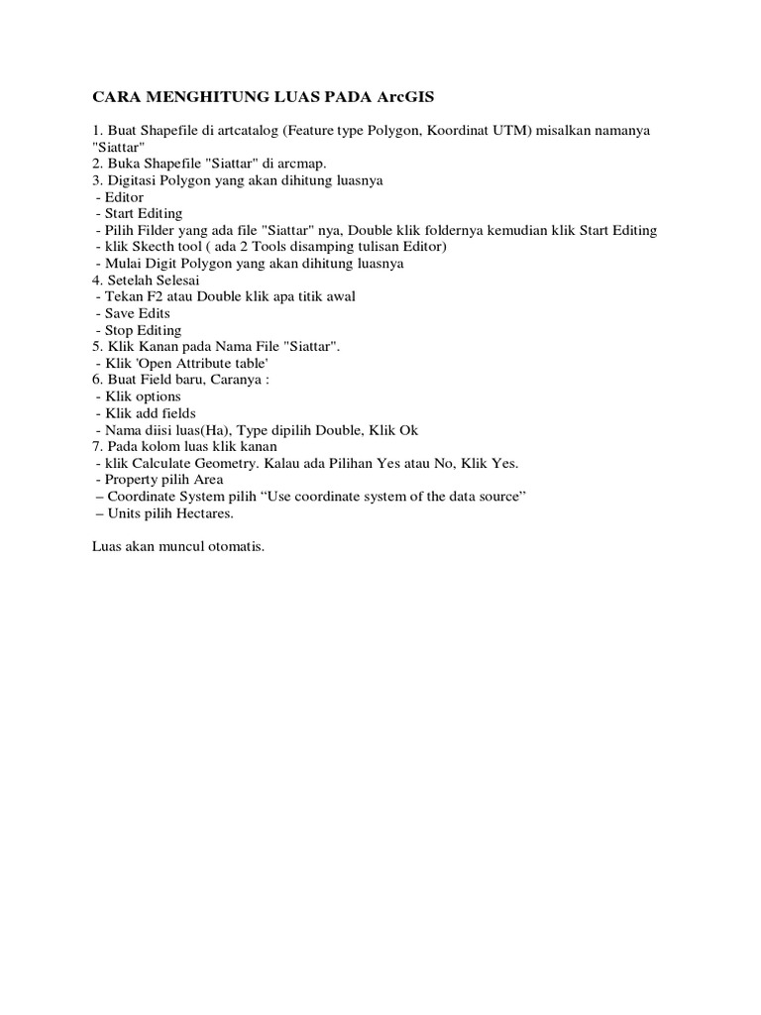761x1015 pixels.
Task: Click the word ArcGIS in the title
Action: coord(405,97)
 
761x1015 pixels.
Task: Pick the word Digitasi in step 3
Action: coord(133,180)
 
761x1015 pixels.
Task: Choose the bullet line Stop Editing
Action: coord(138,330)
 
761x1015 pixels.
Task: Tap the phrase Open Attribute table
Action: coord(203,363)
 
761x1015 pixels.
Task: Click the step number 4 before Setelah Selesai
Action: coord(95,281)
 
